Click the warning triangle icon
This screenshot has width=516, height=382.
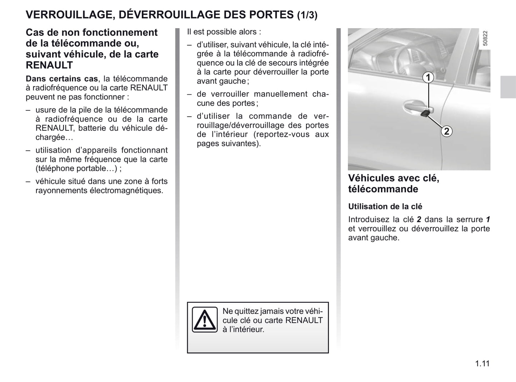tap(204, 319)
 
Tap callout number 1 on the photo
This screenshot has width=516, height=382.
tap(428, 77)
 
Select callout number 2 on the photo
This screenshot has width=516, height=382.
tap(446, 131)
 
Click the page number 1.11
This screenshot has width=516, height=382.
tap(482, 363)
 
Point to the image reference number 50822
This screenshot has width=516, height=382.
tap(485, 38)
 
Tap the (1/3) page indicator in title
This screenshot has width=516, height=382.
tap(307, 15)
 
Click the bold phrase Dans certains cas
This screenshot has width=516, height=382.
tap(61, 79)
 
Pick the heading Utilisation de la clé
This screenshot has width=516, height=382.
tap(385, 206)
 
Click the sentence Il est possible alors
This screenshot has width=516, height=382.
tap(224, 32)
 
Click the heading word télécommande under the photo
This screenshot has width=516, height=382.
tap(383, 189)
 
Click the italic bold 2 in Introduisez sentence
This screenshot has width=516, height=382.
tap(419, 220)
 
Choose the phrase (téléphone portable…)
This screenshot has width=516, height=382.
tap(76, 169)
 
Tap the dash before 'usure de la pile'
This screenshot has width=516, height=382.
tap(28, 110)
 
